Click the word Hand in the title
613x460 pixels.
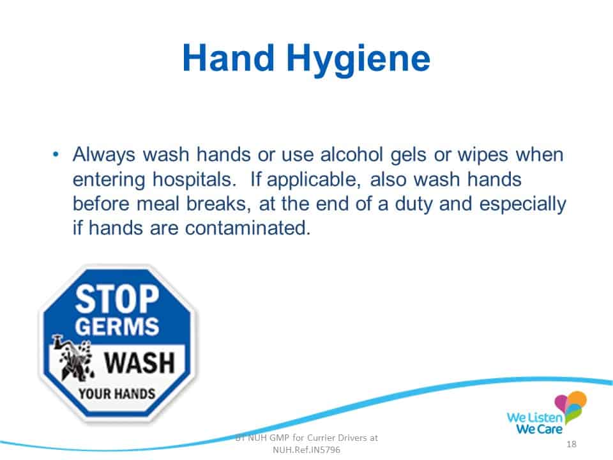point(229,58)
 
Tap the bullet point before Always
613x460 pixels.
point(56,155)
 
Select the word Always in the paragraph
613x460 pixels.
point(104,155)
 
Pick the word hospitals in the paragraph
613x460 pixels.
point(194,180)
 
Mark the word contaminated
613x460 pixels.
point(248,228)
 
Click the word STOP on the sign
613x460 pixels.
point(117,299)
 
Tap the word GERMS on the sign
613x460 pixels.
point(117,326)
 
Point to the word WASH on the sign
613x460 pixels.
point(139,363)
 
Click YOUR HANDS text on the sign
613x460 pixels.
point(117,394)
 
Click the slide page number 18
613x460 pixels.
point(571,444)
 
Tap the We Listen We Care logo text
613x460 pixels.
point(535,423)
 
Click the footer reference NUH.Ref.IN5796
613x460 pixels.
point(306,450)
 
